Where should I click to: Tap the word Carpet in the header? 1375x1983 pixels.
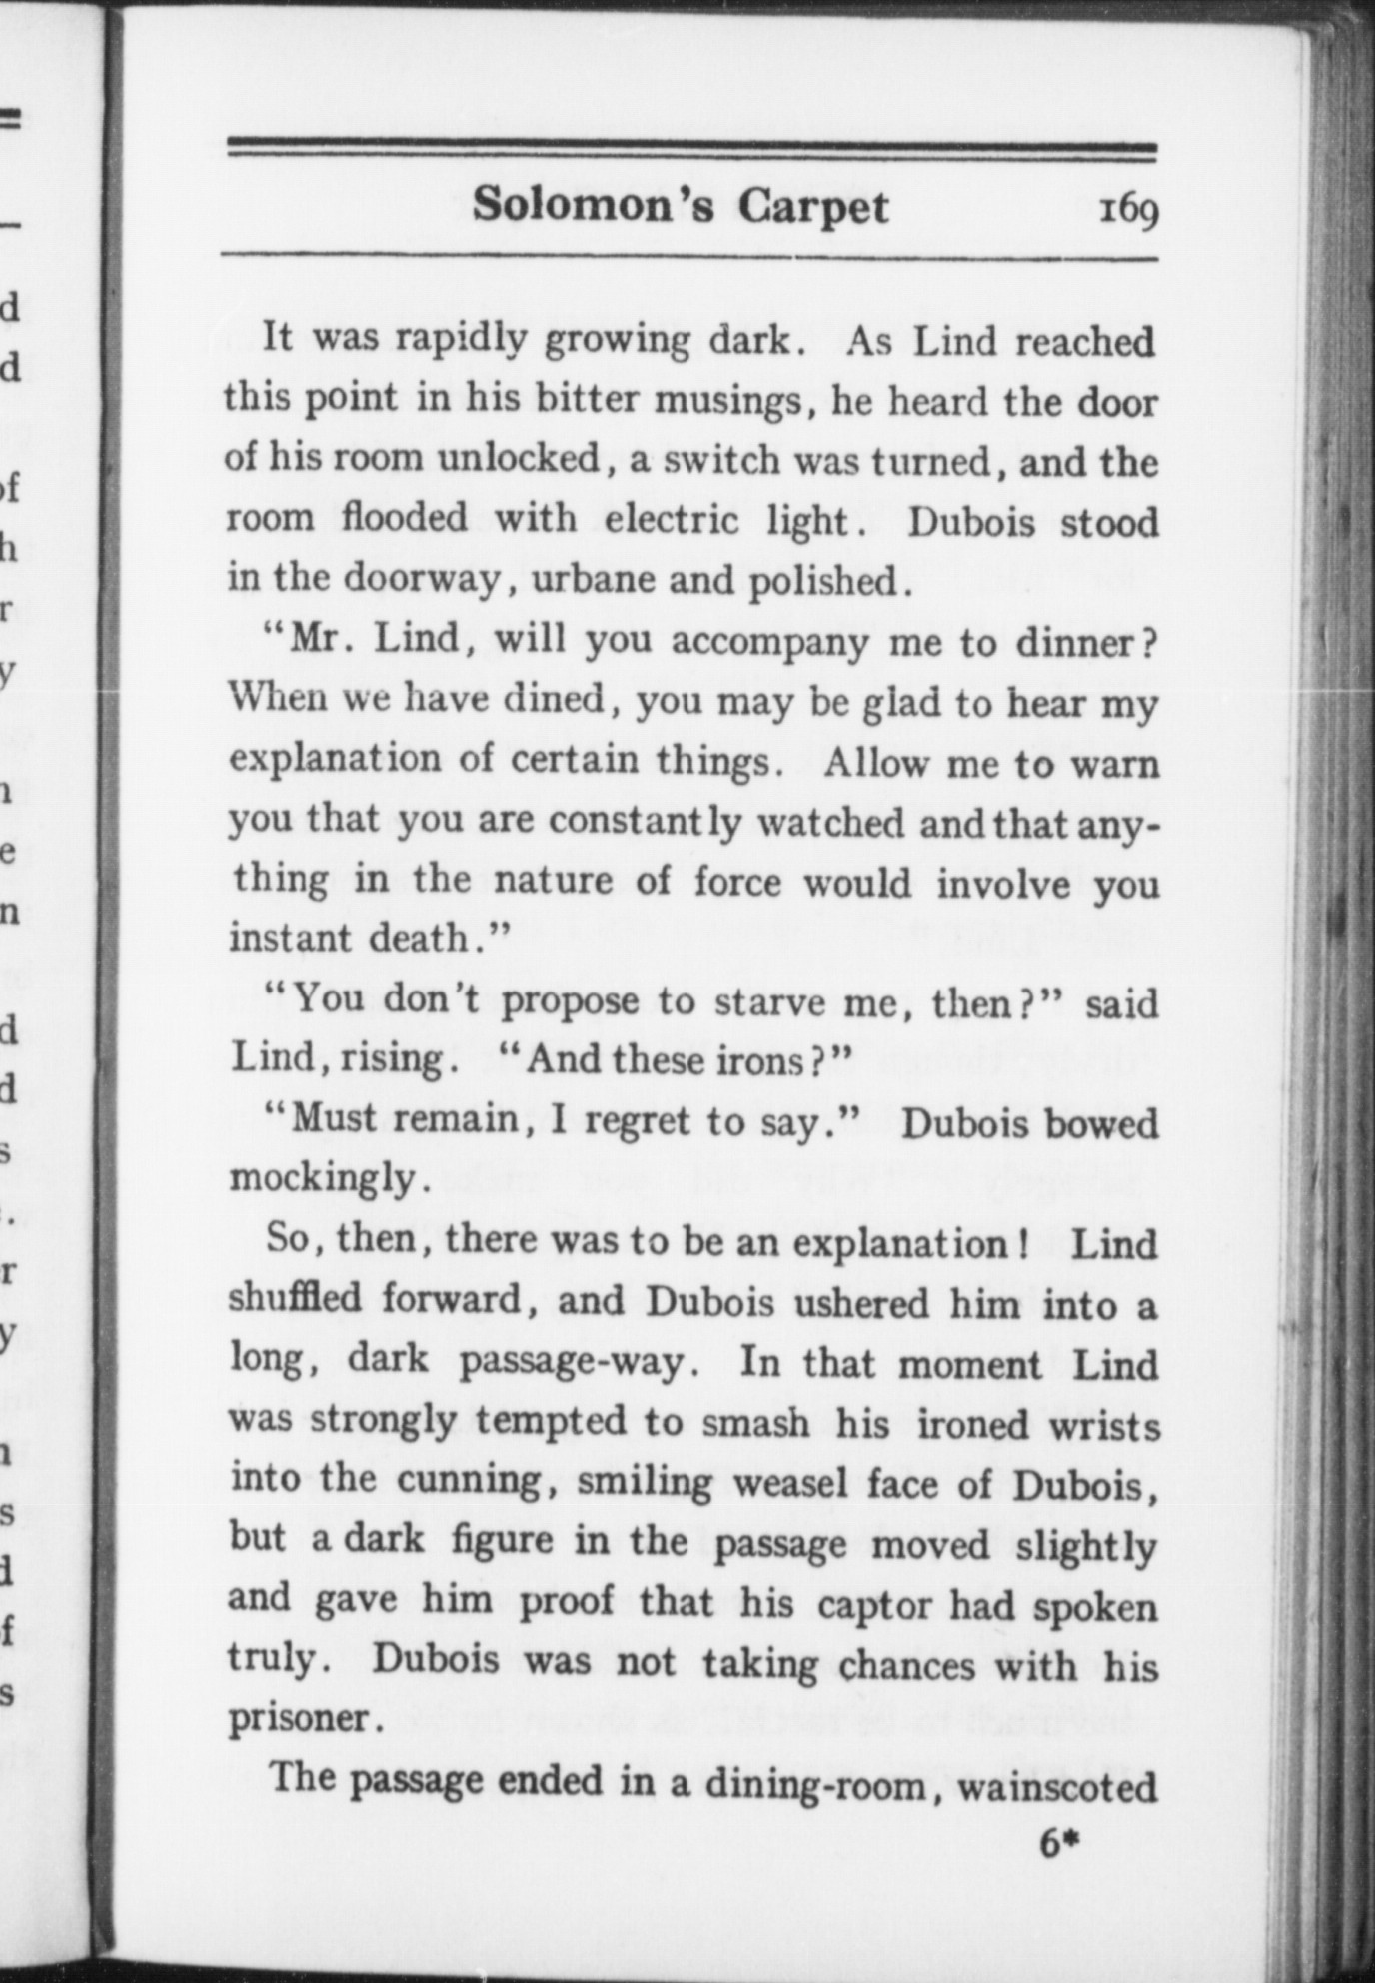click(x=813, y=207)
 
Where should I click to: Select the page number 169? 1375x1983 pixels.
click(x=1128, y=211)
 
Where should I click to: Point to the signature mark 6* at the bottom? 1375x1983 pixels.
click(x=1061, y=1843)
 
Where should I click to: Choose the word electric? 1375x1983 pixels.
click(x=673, y=520)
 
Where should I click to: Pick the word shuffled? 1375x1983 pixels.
click(x=295, y=1299)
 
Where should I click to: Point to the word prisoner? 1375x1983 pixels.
click(x=300, y=1719)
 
